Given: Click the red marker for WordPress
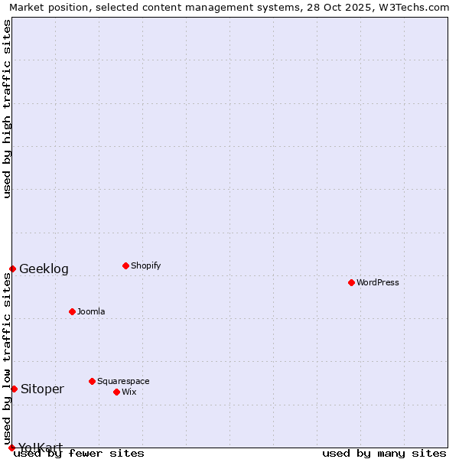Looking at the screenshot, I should click(351, 282).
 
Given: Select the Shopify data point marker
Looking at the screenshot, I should click(125, 265).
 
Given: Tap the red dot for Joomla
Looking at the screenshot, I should click(72, 311).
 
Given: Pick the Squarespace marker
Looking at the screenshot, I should click(92, 381).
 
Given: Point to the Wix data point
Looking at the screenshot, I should click(116, 392).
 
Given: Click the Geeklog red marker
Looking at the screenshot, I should click(12, 269).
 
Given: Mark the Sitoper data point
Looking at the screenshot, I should click(14, 389).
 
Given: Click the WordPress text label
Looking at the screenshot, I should click(378, 282).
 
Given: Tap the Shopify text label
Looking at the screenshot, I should click(145, 265).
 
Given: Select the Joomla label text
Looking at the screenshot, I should click(91, 311).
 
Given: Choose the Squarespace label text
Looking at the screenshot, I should click(123, 381).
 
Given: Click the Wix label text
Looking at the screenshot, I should click(129, 392).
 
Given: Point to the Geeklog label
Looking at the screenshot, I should click(44, 269).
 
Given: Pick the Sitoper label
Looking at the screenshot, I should click(42, 389).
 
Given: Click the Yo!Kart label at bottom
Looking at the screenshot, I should click(41, 447).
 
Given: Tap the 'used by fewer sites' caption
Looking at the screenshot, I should click(79, 453).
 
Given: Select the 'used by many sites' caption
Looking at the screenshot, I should click(384, 453).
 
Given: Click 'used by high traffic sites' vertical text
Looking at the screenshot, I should click(8, 109).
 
